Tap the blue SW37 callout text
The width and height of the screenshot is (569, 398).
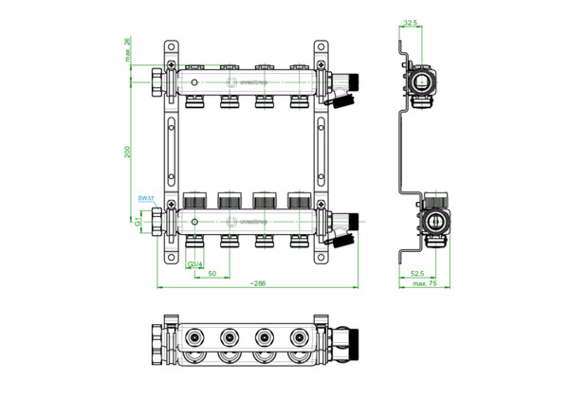pyautogui.click(x=145, y=199)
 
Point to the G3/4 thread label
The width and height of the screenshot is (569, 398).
pyautogui.click(x=193, y=262)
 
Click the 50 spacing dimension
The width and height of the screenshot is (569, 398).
pyautogui.click(x=214, y=274)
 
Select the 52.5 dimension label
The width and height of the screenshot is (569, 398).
pyautogui.click(x=416, y=274)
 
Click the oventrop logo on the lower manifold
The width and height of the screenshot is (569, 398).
pyautogui.click(x=253, y=225)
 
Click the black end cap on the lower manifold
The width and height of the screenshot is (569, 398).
pyautogui.click(x=352, y=224)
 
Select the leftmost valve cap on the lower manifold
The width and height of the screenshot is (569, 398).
pyautogui.click(x=194, y=201)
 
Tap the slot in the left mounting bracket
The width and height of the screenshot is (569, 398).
pyautogui.click(x=171, y=153)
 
